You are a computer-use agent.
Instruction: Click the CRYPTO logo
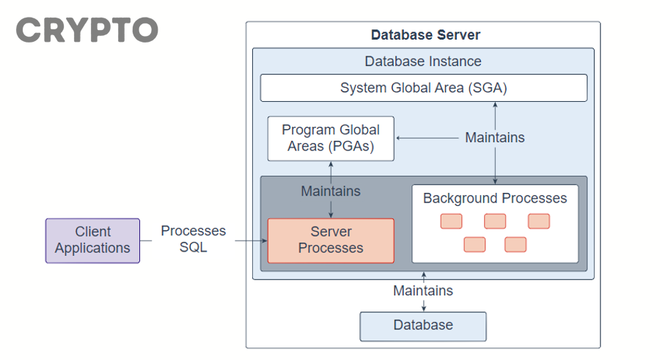click(87, 30)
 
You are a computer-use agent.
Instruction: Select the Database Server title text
click(425, 34)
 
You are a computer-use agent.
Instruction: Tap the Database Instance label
click(423, 62)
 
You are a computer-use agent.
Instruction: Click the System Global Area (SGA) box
click(423, 88)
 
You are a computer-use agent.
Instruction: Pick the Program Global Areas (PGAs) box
click(331, 138)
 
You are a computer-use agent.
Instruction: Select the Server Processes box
click(331, 240)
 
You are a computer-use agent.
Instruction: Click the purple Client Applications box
click(92, 240)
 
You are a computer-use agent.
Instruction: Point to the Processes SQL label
click(194, 239)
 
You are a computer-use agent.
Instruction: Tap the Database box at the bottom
click(423, 326)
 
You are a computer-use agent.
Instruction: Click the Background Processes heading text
click(495, 198)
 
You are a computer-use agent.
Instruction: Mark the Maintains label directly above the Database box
click(423, 290)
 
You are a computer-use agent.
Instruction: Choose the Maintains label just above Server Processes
click(331, 191)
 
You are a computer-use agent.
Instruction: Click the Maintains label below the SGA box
click(495, 137)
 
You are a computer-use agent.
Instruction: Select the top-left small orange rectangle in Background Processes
click(451, 221)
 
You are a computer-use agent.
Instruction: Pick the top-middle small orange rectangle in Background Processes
click(495, 221)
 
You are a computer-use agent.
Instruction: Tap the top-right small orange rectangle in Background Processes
click(539, 221)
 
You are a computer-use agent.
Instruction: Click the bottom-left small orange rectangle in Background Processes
click(474, 244)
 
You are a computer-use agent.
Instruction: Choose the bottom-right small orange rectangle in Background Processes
click(516, 244)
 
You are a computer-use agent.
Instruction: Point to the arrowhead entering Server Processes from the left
click(264, 240)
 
